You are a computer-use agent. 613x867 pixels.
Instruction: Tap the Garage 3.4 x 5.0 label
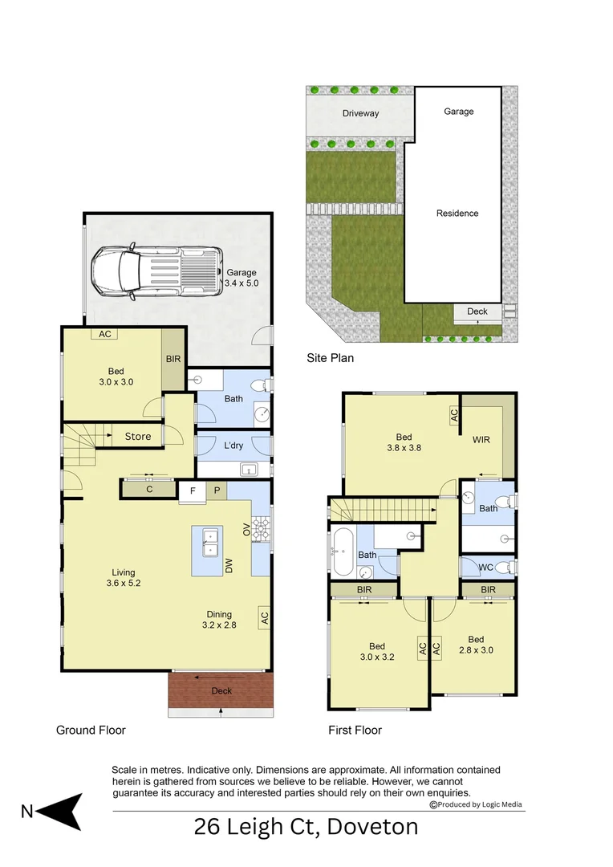242,278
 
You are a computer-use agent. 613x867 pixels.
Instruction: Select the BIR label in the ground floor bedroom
173,359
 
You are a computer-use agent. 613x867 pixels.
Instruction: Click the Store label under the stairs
138,437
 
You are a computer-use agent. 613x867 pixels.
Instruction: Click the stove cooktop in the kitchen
261,528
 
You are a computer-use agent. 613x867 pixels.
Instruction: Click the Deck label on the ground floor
221,690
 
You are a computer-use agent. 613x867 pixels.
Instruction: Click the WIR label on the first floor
481,440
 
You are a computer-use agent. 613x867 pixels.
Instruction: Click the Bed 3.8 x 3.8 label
404,444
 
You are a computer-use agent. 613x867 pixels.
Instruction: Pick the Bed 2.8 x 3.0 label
476,645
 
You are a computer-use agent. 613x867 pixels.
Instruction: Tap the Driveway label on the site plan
360,113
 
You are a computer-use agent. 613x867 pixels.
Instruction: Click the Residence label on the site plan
457,213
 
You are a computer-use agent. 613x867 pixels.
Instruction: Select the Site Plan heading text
330,358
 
